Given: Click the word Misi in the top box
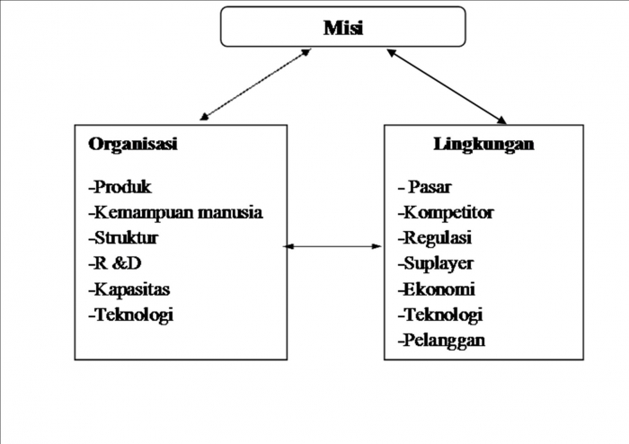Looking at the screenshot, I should click(343, 28).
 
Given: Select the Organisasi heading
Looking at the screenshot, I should click(132, 145).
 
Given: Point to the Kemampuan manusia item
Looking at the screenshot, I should click(175, 213).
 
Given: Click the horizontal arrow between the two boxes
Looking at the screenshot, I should click(333, 245).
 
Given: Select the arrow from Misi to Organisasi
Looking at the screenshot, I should click(256, 84).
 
